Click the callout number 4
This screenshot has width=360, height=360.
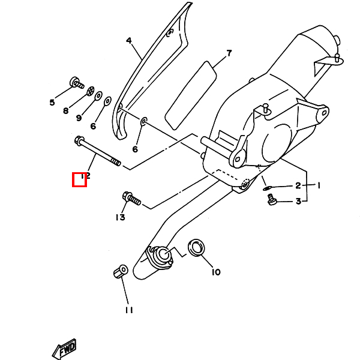129,41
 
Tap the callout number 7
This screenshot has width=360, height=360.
229,53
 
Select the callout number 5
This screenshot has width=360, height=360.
52,103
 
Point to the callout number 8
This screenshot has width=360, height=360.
66,110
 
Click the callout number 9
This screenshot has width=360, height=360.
79,118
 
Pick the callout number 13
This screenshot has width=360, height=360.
121,217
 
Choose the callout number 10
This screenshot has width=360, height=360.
216,272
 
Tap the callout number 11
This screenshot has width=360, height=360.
129,310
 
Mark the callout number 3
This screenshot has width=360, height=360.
298,202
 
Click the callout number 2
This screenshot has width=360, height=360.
298,185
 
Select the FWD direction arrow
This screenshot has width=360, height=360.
64,349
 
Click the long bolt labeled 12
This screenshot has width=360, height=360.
98,151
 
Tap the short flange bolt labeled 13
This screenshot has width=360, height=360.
131,199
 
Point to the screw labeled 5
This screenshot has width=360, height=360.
77,83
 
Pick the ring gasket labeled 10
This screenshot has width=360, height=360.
197,248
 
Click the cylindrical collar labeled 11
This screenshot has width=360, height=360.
121,271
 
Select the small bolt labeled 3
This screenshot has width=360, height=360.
272,199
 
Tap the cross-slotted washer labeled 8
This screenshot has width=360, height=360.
91,91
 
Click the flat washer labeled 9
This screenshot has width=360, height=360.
99,95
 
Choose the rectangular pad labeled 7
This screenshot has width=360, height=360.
191,95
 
